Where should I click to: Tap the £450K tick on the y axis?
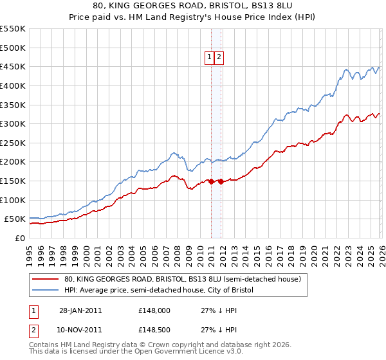(13, 67)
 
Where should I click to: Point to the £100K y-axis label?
(13, 201)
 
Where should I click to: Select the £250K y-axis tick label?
(13, 143)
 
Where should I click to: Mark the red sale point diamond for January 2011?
(211, 181)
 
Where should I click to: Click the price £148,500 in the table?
(154, 330)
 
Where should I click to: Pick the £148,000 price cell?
(154, 310)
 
